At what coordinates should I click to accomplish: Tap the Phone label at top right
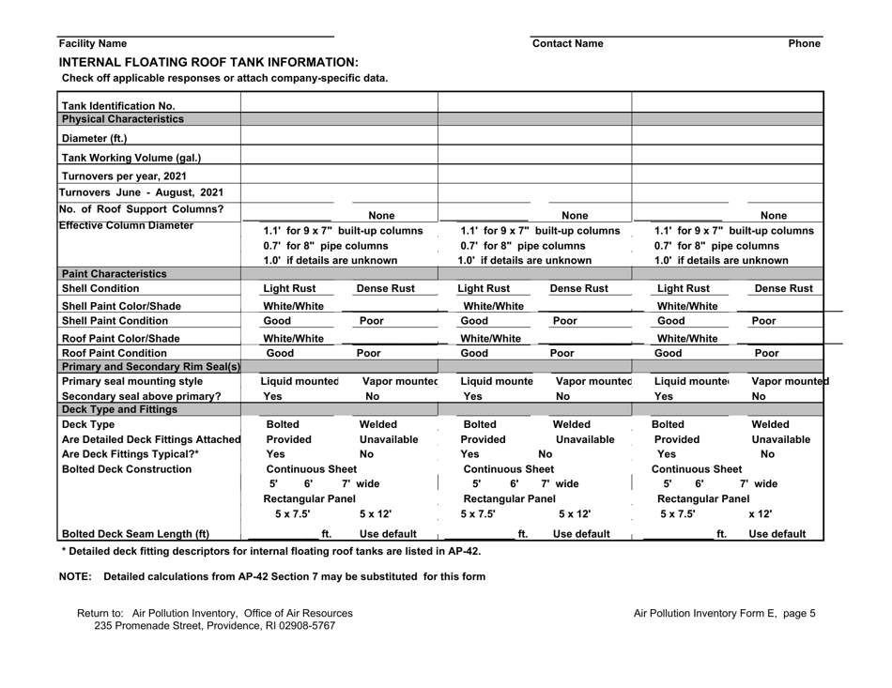pyautogui.click(x=806, y=44)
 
